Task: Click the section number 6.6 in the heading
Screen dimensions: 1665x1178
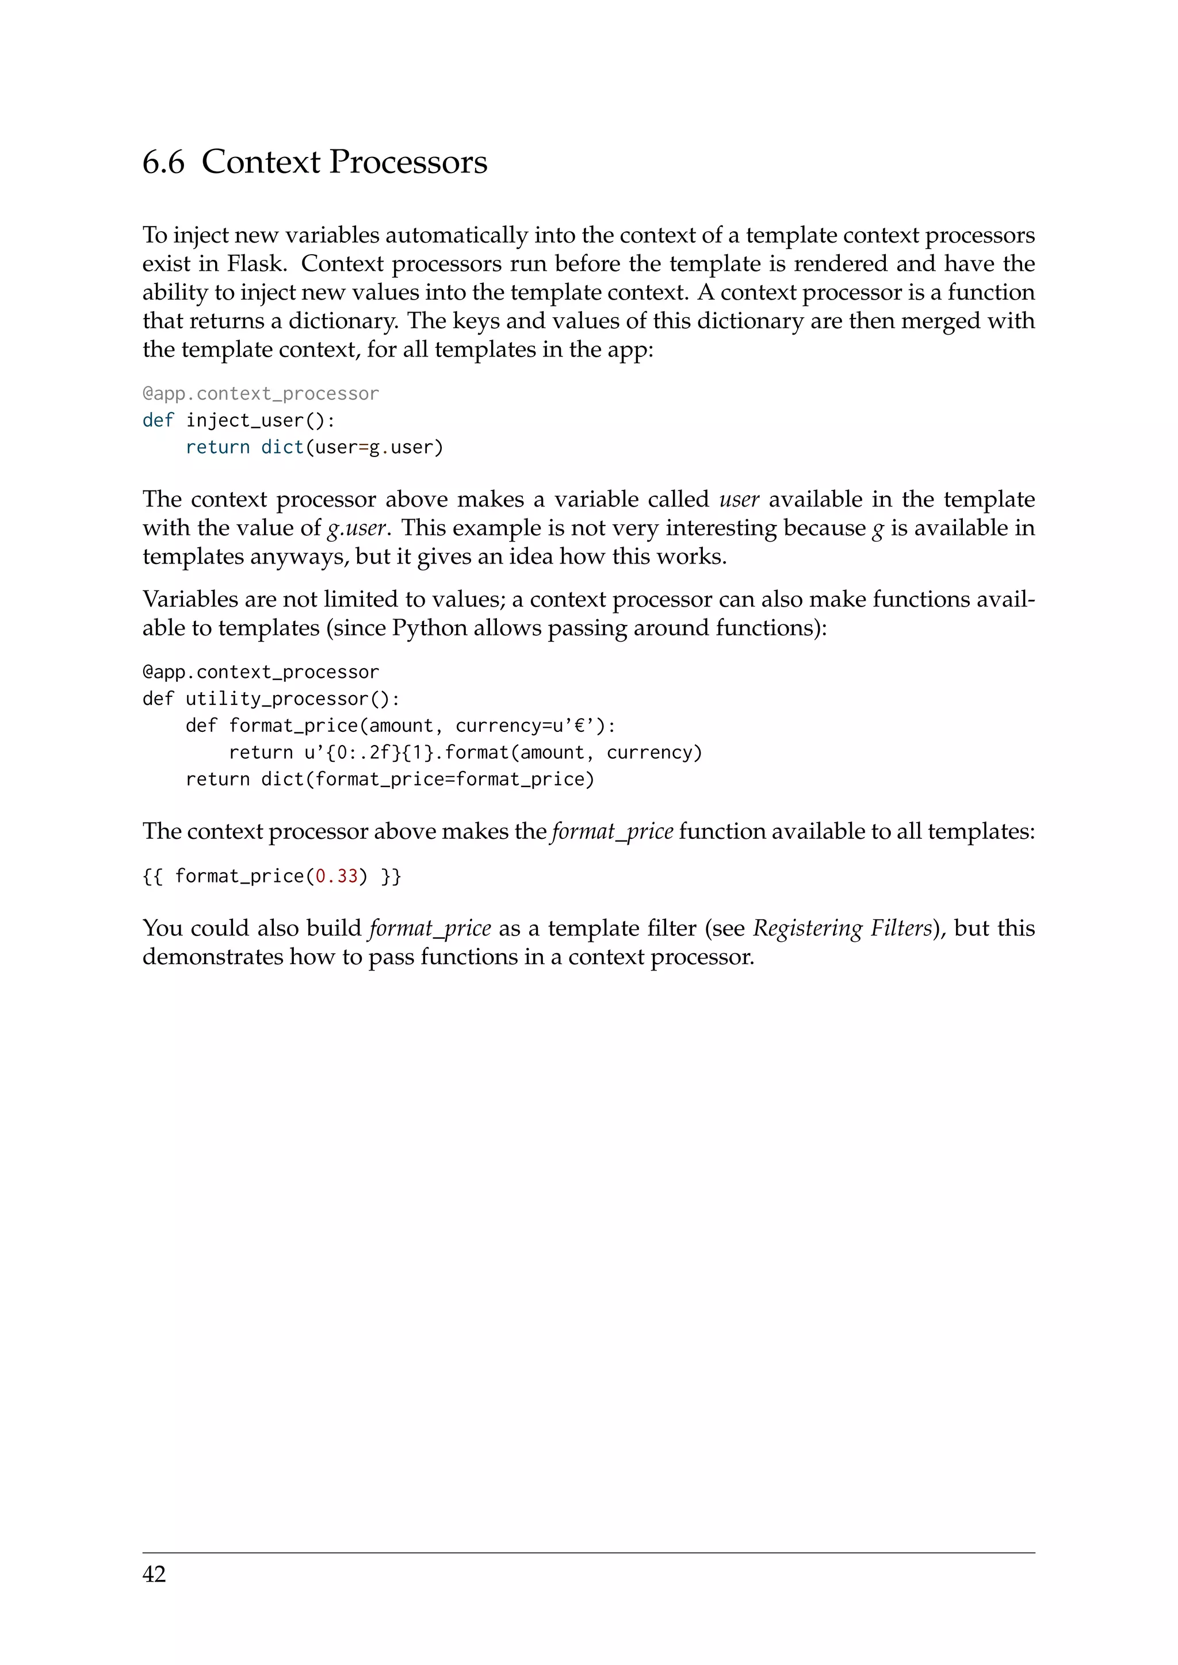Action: [x=163, y=162]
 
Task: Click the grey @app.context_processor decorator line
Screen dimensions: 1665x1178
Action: [x=261, y=394]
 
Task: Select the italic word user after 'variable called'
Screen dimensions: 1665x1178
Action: [x=739, y=500]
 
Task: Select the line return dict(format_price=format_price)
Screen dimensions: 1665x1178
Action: [x=389, y=780]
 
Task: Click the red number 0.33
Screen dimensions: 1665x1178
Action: [x=336, y=877]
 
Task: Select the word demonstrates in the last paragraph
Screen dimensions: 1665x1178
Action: [x=212, y=957]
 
